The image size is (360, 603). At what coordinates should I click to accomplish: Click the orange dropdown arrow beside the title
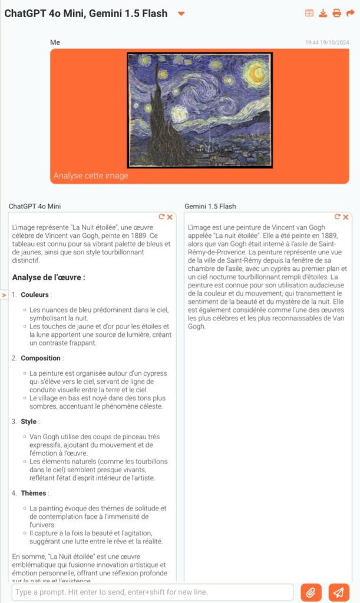181,14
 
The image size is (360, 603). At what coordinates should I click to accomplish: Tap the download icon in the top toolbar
323,13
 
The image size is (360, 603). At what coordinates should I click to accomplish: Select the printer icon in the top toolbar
336,13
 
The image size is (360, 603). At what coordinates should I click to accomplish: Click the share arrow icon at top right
350,13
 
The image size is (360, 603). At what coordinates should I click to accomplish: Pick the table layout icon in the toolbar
309,13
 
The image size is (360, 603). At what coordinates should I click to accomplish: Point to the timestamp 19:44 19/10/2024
327,42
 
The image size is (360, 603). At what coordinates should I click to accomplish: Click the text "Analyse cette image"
91,175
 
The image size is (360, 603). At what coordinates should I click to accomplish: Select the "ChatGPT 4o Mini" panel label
35,206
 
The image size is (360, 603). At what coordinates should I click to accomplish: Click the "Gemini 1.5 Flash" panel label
210,206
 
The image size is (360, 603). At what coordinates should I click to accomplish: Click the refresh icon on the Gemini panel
338,217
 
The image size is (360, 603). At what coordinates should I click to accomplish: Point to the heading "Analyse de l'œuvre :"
49,277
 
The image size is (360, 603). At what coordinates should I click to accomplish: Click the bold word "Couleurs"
35,294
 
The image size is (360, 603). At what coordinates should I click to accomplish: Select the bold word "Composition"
41,358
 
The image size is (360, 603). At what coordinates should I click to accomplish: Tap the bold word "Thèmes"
33,493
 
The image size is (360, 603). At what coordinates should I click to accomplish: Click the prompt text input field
152,592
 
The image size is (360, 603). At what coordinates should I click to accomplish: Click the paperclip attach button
311,592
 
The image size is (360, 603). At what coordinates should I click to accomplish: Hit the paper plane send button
338,592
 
